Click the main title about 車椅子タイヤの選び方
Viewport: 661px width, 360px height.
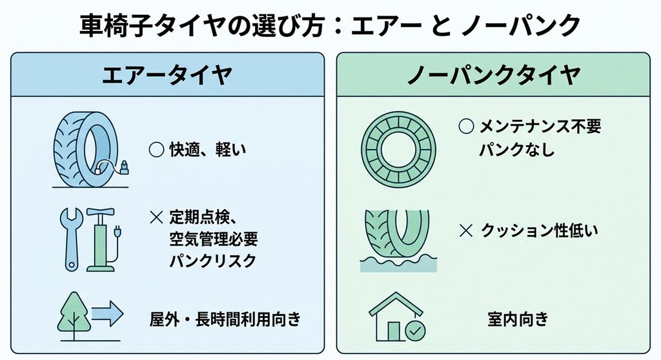tap(330, 25)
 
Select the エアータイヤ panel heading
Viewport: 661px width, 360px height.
tap(167, 75)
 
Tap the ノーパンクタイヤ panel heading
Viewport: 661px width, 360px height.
tap(494, 75)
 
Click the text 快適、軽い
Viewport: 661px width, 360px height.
tap(208, 150)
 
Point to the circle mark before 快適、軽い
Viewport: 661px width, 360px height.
tap(156, 150)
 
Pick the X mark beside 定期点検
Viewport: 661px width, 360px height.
tap(156, 217)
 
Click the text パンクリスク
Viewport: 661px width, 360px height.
tap(213, 261)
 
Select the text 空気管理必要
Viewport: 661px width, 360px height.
tap(214, 239)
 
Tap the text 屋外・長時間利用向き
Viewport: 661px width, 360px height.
tap(225, 319)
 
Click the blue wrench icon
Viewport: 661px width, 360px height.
tap(71, 239)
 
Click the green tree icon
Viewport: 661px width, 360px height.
tap(74, 314)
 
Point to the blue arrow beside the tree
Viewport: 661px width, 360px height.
tap(108, 314)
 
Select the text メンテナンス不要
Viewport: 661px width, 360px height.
tap(540, 126)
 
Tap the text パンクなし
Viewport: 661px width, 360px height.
tap(517, 150)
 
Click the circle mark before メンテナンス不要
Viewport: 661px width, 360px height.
tap(466, 126)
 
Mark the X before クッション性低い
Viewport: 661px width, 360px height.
tap(466, 230)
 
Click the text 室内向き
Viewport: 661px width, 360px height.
tap(518, 319)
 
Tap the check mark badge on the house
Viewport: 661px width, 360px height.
tap(415, 331)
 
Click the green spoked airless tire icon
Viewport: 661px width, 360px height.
tap(398, 150)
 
